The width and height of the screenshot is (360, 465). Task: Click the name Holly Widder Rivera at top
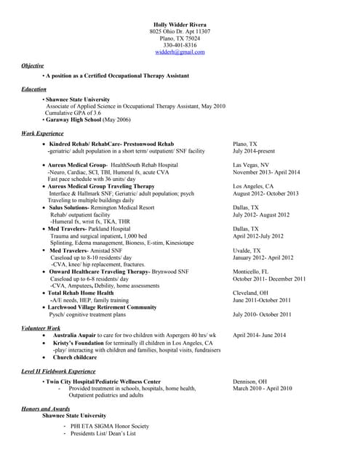point(180,25)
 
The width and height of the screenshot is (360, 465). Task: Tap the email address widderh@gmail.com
point(180,52)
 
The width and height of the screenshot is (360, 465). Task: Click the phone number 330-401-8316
point(180,46)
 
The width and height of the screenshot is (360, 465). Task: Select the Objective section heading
point(33,65)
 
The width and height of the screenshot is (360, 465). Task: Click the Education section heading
point(34,89)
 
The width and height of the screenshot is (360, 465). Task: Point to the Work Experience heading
point(42,134)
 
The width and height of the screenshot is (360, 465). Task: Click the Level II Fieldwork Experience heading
point(58,371)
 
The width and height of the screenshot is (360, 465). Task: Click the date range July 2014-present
point(254,151)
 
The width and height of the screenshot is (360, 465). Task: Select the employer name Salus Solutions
point(73,207)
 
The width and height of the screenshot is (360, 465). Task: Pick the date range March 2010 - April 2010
point(262,389)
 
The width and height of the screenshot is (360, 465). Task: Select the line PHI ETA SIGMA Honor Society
point(109,426)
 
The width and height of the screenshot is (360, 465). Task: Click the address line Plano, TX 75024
point(180,39)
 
